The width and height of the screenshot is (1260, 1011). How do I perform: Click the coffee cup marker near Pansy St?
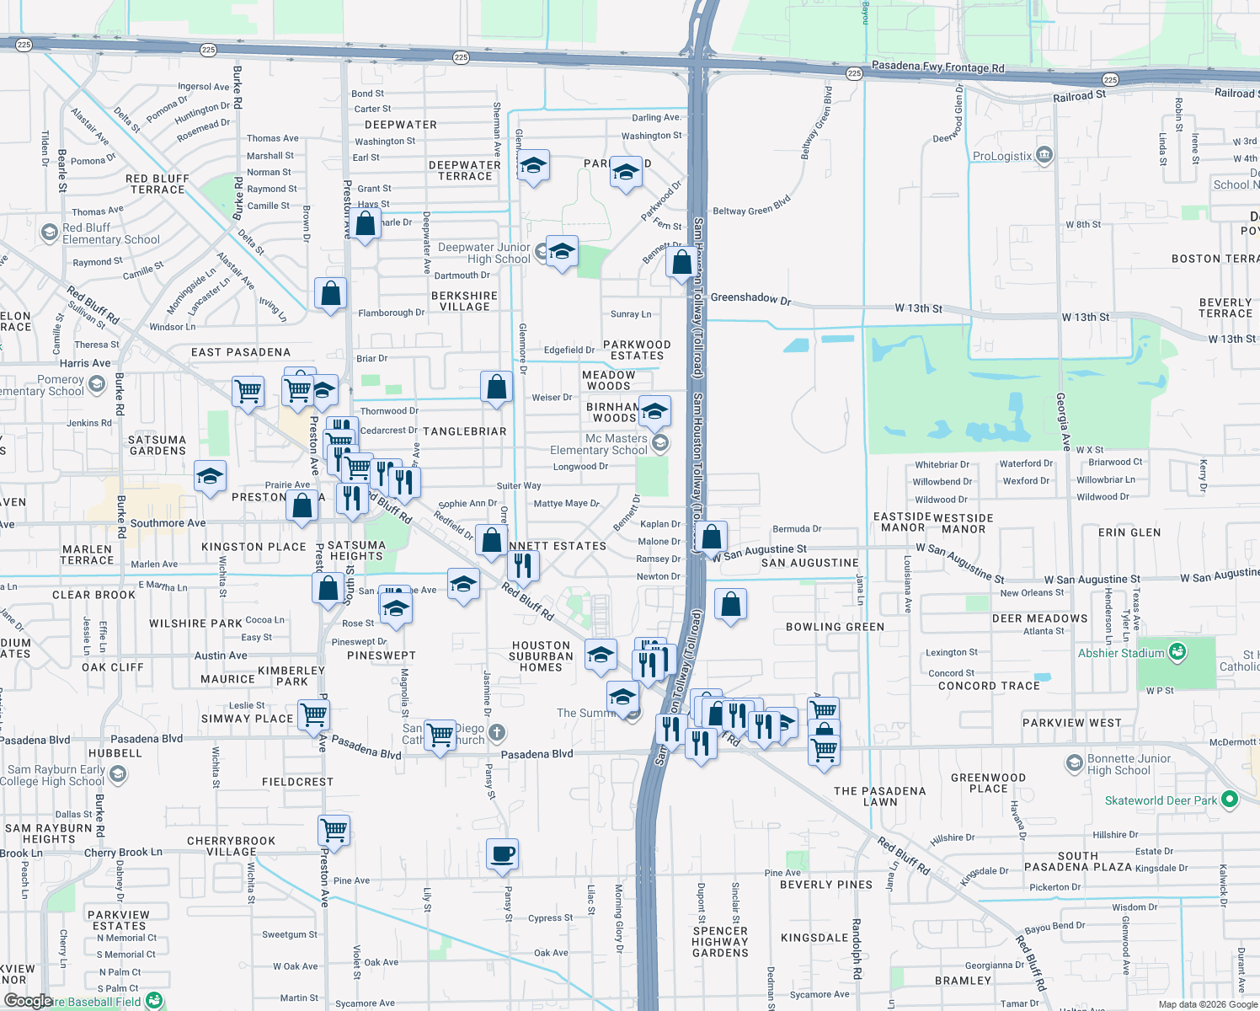pos(502,854)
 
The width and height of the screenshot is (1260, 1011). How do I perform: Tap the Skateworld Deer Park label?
pos(1161,800)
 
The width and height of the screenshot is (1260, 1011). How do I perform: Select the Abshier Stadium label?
pos(1121,653)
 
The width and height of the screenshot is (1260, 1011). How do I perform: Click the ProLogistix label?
pos(1002,156)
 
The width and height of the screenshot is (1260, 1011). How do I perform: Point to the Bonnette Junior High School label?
pos(1129,764)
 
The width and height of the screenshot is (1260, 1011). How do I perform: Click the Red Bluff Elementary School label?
pos(110,233)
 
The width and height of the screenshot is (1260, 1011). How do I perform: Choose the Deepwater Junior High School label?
pos(484,253)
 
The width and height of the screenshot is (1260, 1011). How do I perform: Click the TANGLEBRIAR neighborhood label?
pos(464,431)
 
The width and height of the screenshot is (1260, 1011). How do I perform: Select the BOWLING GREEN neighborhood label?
pos(835,627)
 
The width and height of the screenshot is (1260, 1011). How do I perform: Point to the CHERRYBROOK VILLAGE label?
pos(231,846)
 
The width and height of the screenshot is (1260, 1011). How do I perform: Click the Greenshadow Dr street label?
pos(750,298)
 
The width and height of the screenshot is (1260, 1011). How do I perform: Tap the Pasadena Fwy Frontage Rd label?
pos(937,67)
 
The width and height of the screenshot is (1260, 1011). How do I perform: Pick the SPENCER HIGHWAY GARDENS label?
pos(720,942)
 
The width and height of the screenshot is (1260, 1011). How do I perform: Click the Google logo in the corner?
pos(28,1001)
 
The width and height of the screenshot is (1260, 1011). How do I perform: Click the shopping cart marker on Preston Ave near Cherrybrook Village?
pos(334,831)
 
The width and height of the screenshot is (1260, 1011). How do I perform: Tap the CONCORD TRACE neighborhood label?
pos(989,686)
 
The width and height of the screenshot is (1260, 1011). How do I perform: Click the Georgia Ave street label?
pos(1063,421)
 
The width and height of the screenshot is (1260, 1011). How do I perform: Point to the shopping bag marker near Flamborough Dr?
pos(331,294)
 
